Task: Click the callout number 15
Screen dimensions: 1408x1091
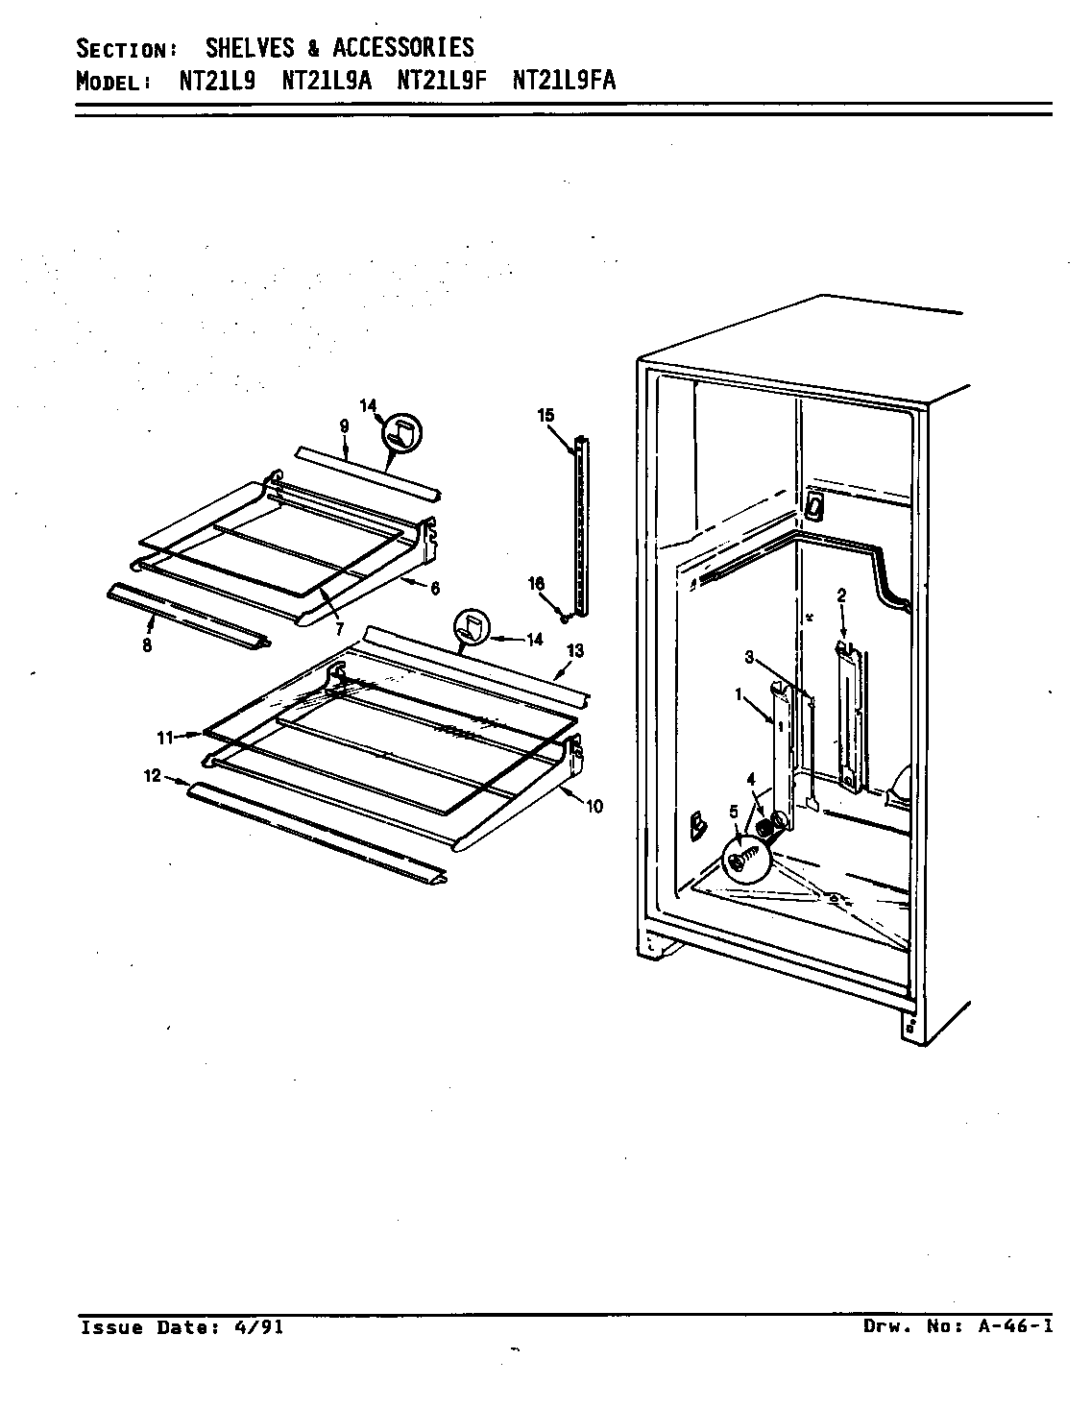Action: point(545,416)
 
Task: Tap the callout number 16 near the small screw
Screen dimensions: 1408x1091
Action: point(537,583)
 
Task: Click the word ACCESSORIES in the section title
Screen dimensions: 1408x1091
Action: point(402,47)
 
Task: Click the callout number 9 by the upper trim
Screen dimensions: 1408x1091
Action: point(343,424)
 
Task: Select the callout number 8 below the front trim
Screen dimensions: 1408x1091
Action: point(147,645)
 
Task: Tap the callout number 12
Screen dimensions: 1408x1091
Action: point(153,778)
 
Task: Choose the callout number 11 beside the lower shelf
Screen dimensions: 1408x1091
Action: point(164,738)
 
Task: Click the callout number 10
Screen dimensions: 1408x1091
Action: point(594,806)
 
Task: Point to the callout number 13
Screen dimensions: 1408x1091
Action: point(574,651)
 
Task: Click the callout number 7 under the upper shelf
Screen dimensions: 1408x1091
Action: point(339,630)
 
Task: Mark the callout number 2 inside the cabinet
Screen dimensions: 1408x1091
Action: point(841,595)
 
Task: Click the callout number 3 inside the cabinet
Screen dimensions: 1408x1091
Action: point(748,658)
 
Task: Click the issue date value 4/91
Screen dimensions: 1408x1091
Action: point(258,1327)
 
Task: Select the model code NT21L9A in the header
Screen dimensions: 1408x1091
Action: point(333,81)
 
